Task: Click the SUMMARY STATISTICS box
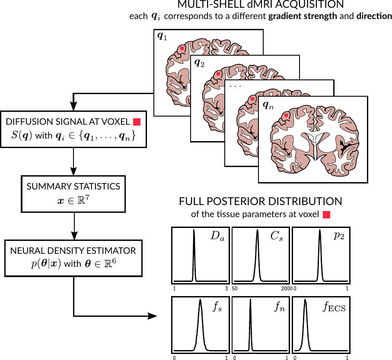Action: (73, 194)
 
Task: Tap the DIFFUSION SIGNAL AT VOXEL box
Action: (73, 129)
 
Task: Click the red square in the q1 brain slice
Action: (183, 49)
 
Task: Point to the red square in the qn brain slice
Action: (286, 115)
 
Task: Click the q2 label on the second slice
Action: (200, 63)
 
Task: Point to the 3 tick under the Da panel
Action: (226, 288)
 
